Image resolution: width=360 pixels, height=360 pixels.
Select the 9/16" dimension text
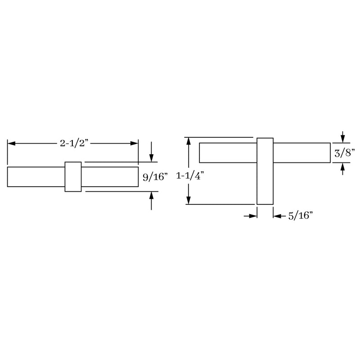tap(155, 177)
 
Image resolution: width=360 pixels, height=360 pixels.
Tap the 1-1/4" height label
tap(190, 176)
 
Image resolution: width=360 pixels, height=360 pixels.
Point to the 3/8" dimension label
tap(345, 153)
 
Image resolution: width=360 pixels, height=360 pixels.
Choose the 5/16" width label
tap(300, 216)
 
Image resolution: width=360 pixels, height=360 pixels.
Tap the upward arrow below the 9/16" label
tap(152, 196)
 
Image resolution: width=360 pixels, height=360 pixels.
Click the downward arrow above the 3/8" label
tap(343, 138)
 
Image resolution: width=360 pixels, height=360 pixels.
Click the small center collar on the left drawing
tap(73, 176)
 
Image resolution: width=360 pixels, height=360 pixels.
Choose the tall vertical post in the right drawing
tap(265, 171)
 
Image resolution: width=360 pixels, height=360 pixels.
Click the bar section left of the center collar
tap(36, 176)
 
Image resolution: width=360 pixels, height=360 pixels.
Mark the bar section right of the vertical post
tap(301, 153)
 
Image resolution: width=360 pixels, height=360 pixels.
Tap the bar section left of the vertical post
tap(228, 153)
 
